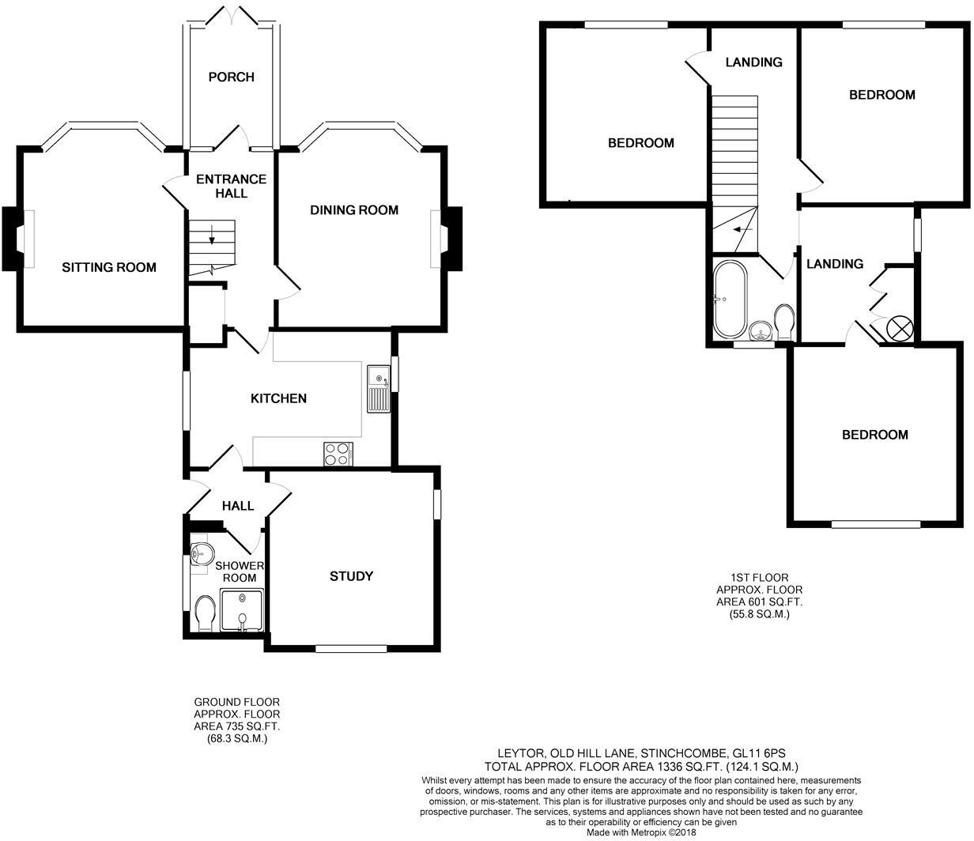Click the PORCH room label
pyautogui.click(x=231, y=77)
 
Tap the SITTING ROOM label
pyautogui.click(x=109, y=267)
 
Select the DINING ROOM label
pyautogui.click(x=353, y=210)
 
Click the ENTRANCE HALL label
pyautogui.click(x=231, y=186)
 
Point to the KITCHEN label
pyautogui.click(x=278, y=398)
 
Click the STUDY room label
pyautogui.click(x=351, y=576)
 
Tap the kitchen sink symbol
pyautogui.click(x=378, y=388)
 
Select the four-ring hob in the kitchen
pyautogui.click(x=338, y=454)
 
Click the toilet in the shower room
pyautogui.click(x=204, y=614)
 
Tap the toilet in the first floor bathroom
pyautogui.click(x=784, y=322)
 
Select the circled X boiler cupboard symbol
pyautogui.click(x=900, y=328)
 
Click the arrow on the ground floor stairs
pyautogui.click(x=212, y=234)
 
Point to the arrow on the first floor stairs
pyautogui.click(x=742, y=229)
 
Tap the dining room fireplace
pyautogui.click(x=454, y=239)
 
